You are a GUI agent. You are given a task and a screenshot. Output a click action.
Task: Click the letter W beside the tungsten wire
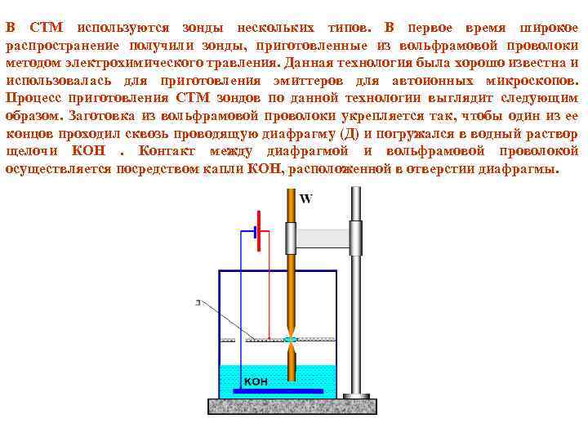coord(306,198)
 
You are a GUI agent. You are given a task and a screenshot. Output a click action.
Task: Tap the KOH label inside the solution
coord(256,381)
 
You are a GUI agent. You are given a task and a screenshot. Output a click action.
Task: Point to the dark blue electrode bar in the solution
coord(278,392)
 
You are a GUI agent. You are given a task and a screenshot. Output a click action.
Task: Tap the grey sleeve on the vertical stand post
coord(356,238)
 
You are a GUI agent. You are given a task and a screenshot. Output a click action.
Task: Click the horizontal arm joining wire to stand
coord(323,238)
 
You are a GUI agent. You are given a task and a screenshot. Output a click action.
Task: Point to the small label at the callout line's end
coord(198,301)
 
